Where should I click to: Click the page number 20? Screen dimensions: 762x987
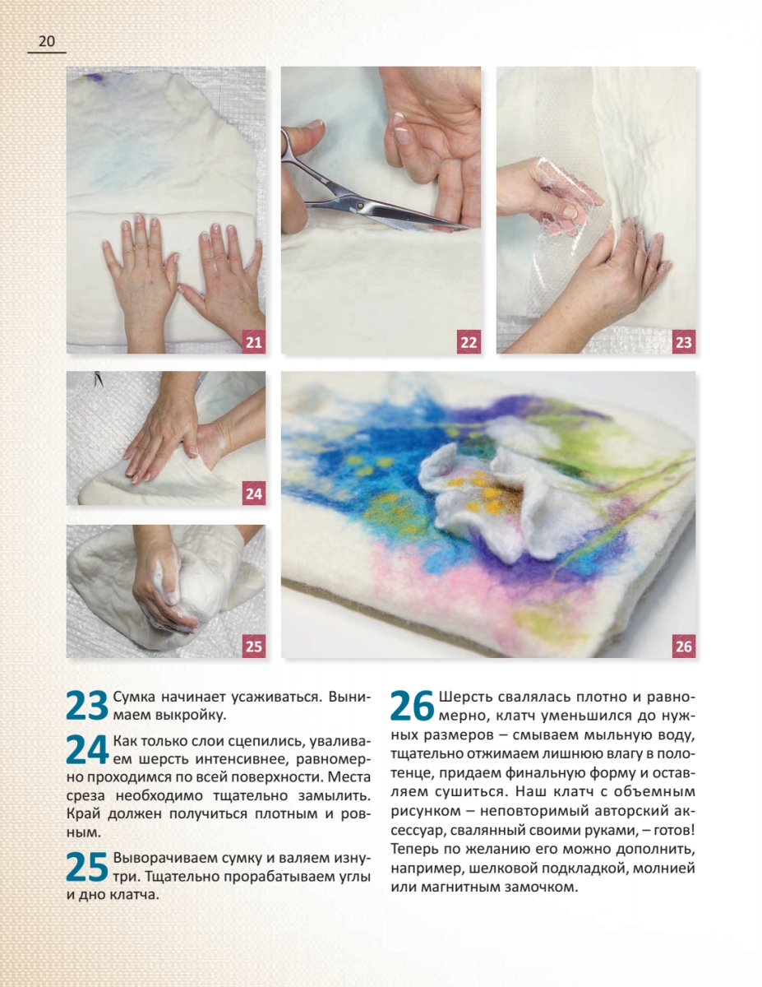point(47,41)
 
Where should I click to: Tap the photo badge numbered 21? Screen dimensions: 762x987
point(254,341)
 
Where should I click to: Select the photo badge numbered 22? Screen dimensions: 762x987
point(469,341)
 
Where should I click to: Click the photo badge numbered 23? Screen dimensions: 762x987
point(683,341)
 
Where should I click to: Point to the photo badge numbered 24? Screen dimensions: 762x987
point(254,493)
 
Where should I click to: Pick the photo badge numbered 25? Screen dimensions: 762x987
point(254,646)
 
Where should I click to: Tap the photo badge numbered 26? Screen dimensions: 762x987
point(683,646)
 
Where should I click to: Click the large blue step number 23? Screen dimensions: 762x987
point(87,706)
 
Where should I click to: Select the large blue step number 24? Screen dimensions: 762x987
point(87,750)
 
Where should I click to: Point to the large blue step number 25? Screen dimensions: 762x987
point(87,866)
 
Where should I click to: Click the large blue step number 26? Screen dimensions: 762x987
point(412,706)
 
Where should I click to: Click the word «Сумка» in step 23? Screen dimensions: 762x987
point(134,697)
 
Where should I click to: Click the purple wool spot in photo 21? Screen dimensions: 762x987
point(96,78)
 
